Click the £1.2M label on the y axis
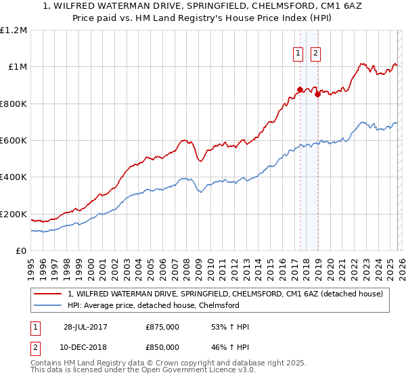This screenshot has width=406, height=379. coord(14,30)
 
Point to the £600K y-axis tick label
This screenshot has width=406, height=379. coord(14,141)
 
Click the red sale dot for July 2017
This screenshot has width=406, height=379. coord(300,89)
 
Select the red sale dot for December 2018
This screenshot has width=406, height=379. coord(317,94)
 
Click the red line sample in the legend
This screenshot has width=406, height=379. coord(49,294)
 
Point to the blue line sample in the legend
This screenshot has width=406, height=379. coord(49,305)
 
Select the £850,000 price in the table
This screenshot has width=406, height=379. coord(162,347)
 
